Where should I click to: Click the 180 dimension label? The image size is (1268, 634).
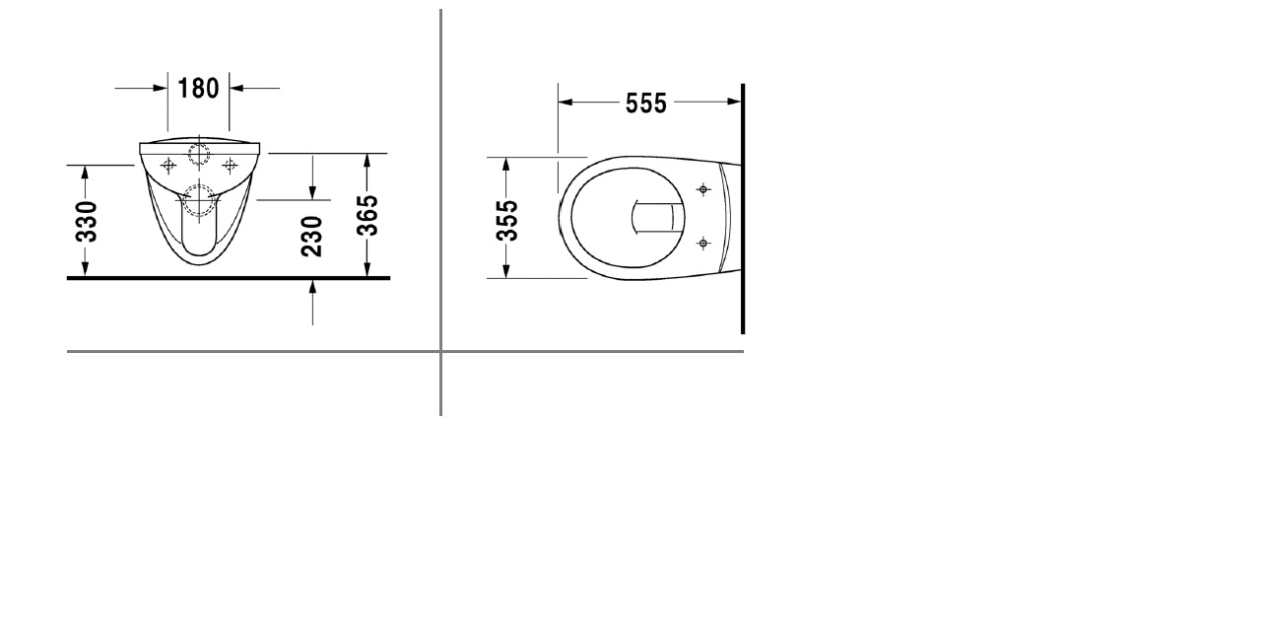tap(198, 89)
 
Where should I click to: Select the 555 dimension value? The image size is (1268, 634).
tap(646, 104)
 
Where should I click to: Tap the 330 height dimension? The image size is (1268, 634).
tap(87, 222)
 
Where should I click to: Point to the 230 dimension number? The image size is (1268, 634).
tap(312, 237)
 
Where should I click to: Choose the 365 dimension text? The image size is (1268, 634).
tap(367, 215)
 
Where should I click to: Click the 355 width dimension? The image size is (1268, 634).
tap(507, 221)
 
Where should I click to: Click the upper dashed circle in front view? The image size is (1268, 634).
tap(199, 153)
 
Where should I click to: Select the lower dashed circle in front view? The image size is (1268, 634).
tap(199, 200)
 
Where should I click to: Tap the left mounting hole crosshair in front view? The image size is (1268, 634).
tap(168, 165)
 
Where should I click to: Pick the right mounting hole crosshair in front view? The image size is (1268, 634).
tap(230, 165)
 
